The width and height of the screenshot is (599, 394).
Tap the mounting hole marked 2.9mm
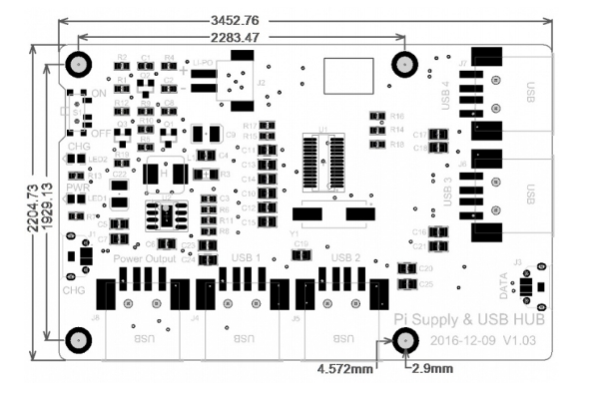[404, 341]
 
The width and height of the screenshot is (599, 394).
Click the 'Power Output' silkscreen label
[152, 258]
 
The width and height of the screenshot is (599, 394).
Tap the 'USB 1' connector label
[247, 258]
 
